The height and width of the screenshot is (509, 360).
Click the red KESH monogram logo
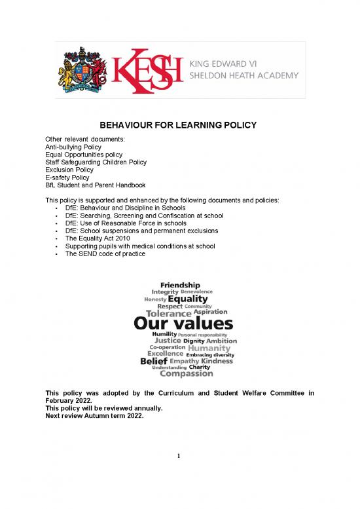147,70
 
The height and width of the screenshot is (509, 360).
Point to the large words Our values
183,324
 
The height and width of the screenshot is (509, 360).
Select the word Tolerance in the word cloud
159,312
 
